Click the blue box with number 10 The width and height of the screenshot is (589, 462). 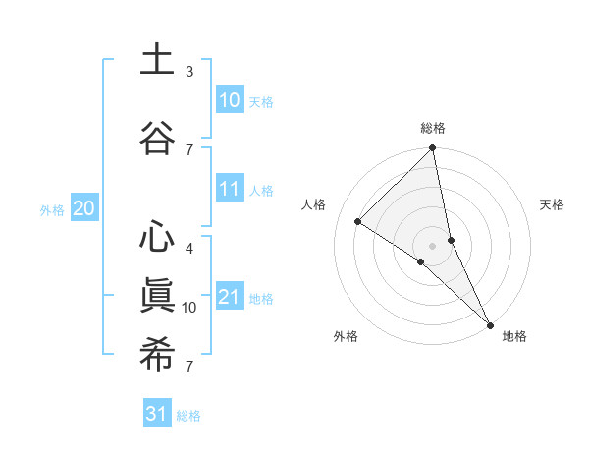[x=229, y=100]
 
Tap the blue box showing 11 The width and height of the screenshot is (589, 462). [x=229, y=190]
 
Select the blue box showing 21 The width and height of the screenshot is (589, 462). [x=229, y=298]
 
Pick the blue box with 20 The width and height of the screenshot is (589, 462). [x=84, y=208]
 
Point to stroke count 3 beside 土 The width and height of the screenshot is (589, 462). [x=188, y=72]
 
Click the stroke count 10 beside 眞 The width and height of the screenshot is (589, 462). [x=188, y=308]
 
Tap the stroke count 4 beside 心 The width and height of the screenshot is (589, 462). [x=188, y=248]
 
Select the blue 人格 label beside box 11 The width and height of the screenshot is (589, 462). [x=261, y=191]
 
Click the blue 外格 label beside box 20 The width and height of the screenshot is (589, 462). [x=52, y=209]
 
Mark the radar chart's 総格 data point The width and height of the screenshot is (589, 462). [x=432, y=148]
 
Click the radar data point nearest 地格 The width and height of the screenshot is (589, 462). [x=489, y=323]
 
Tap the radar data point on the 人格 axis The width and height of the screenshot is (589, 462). [x=358, y=221]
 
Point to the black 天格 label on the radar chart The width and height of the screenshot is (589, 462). [x=552, y=204]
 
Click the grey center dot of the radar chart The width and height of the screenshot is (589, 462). [x=432, y=245]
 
